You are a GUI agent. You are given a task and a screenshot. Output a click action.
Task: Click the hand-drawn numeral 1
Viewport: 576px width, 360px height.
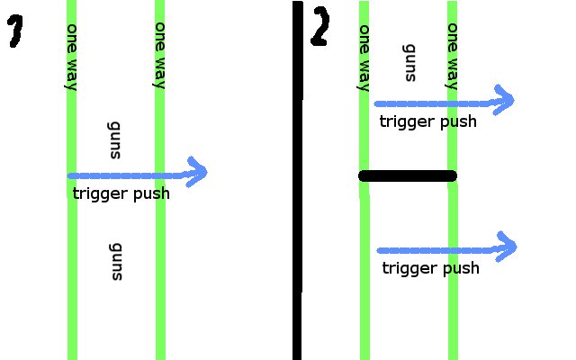click(x=15, y=33)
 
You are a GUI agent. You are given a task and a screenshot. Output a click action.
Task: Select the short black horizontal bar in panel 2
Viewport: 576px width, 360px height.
click(x=408, y=175)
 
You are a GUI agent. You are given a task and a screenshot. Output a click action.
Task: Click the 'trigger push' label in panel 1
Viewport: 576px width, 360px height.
click(x=121, y=193)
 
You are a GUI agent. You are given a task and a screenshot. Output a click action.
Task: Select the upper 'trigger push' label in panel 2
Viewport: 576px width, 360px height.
click(x=427, y=121)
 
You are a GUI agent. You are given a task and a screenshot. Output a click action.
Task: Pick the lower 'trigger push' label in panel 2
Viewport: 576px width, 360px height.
click(x=430, y=268)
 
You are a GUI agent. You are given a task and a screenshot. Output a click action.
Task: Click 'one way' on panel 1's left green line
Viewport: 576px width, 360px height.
click(x=72, y=56)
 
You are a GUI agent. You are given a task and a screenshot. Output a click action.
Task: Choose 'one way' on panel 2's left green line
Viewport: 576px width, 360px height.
click(x=364, y=58)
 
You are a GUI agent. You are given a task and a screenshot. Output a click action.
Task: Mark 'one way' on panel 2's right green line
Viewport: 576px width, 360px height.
click(x=453, y=56)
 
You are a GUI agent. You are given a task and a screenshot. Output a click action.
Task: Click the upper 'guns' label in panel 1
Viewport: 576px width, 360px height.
click(x=114, y=139)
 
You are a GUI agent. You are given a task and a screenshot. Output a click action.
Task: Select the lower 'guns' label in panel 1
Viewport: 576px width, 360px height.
click(x=115, y=261)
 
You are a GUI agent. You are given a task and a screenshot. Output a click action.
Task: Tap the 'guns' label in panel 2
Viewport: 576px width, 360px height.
click(x=409, y=62)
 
